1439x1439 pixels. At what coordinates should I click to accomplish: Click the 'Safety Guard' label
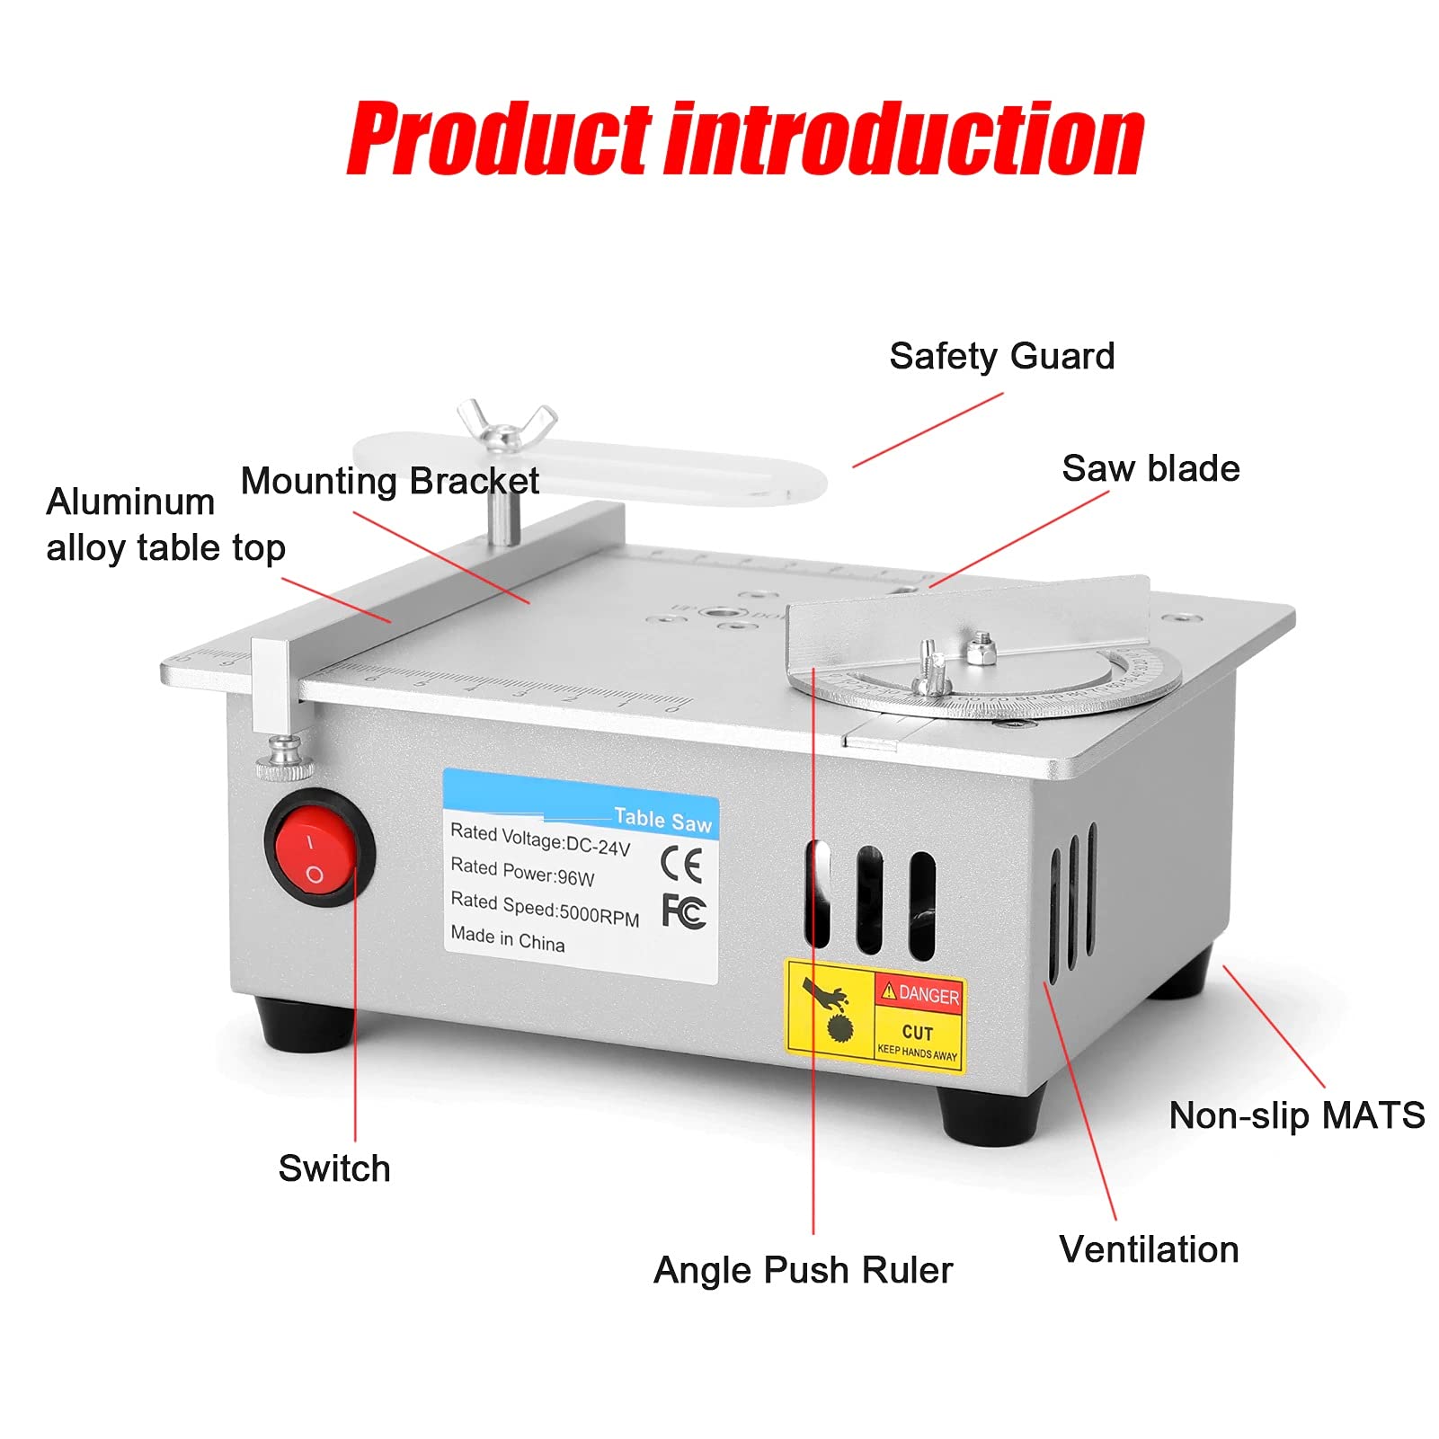click(1001, 357)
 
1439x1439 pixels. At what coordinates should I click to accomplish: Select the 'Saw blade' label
click(1150, 469)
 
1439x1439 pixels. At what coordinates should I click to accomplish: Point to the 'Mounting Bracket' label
click(389, 482)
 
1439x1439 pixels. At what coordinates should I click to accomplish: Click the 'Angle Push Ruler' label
click(803, 1271)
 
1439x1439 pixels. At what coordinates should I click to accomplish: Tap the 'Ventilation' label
click(1149, 1250)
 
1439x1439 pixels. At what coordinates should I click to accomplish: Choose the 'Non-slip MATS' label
click(1296, 1116)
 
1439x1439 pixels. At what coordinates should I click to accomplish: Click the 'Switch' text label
click(334, 1169)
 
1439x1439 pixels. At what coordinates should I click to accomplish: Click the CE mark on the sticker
click(680, 865)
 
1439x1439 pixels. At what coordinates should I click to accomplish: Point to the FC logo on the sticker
click(684, 911)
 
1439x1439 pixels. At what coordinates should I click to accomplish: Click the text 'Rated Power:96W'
click(522, 872)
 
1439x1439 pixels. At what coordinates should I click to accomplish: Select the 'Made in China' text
click(508, 939)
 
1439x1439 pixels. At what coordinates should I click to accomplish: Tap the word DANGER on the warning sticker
click(928, 995)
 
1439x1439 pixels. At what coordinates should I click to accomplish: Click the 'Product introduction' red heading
click(745, 139)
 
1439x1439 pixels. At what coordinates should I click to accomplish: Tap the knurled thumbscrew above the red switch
click(285, 759)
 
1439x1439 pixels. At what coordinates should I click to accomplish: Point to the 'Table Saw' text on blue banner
click(662, 819)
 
